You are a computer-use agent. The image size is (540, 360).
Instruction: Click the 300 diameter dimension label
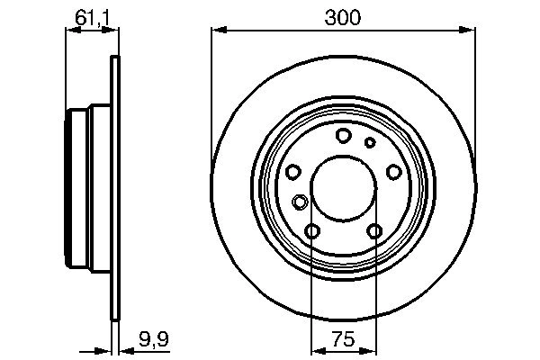pos(343,17)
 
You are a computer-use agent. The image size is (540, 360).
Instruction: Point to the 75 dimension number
pos(343,339)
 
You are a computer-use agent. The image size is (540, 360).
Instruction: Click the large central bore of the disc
pos(343,190)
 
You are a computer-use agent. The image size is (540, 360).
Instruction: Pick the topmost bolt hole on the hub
pos(343,136)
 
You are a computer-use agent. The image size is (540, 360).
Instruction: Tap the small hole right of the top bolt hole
pos(369,142)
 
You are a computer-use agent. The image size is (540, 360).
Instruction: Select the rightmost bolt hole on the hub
pos(393,173)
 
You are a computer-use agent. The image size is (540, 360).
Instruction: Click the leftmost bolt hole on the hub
pos(292,173)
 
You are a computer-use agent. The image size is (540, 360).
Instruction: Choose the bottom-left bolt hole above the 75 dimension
pos(311,232)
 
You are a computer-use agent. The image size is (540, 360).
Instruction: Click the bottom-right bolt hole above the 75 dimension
pos(374,232)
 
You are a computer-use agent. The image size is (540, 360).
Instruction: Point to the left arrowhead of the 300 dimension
pos(217,31)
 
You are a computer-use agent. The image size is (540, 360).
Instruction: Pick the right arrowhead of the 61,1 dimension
pos(113,31)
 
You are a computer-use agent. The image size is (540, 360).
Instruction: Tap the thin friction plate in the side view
pos(114,190)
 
